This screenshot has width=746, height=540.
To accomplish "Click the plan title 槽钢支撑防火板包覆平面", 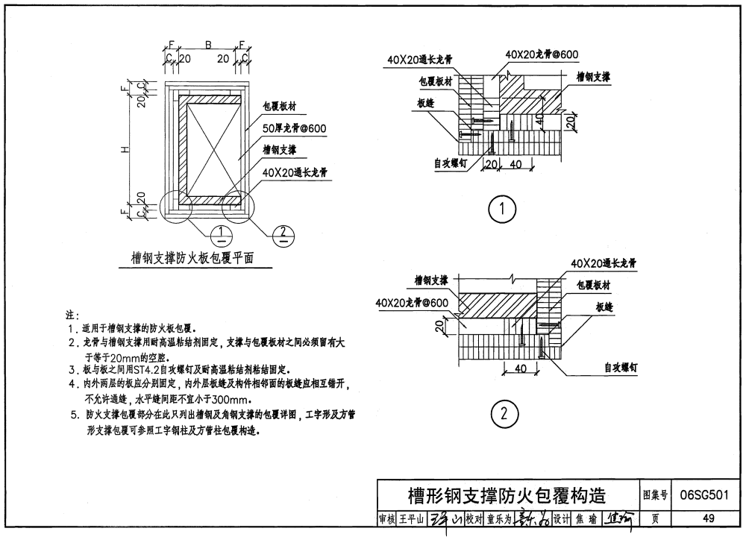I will pos(192,258).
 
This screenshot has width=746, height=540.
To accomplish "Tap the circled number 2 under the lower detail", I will pos(502,412).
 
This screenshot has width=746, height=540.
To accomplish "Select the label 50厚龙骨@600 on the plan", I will pos(294,129).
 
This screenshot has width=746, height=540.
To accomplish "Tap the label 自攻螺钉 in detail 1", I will pos(451,162).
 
